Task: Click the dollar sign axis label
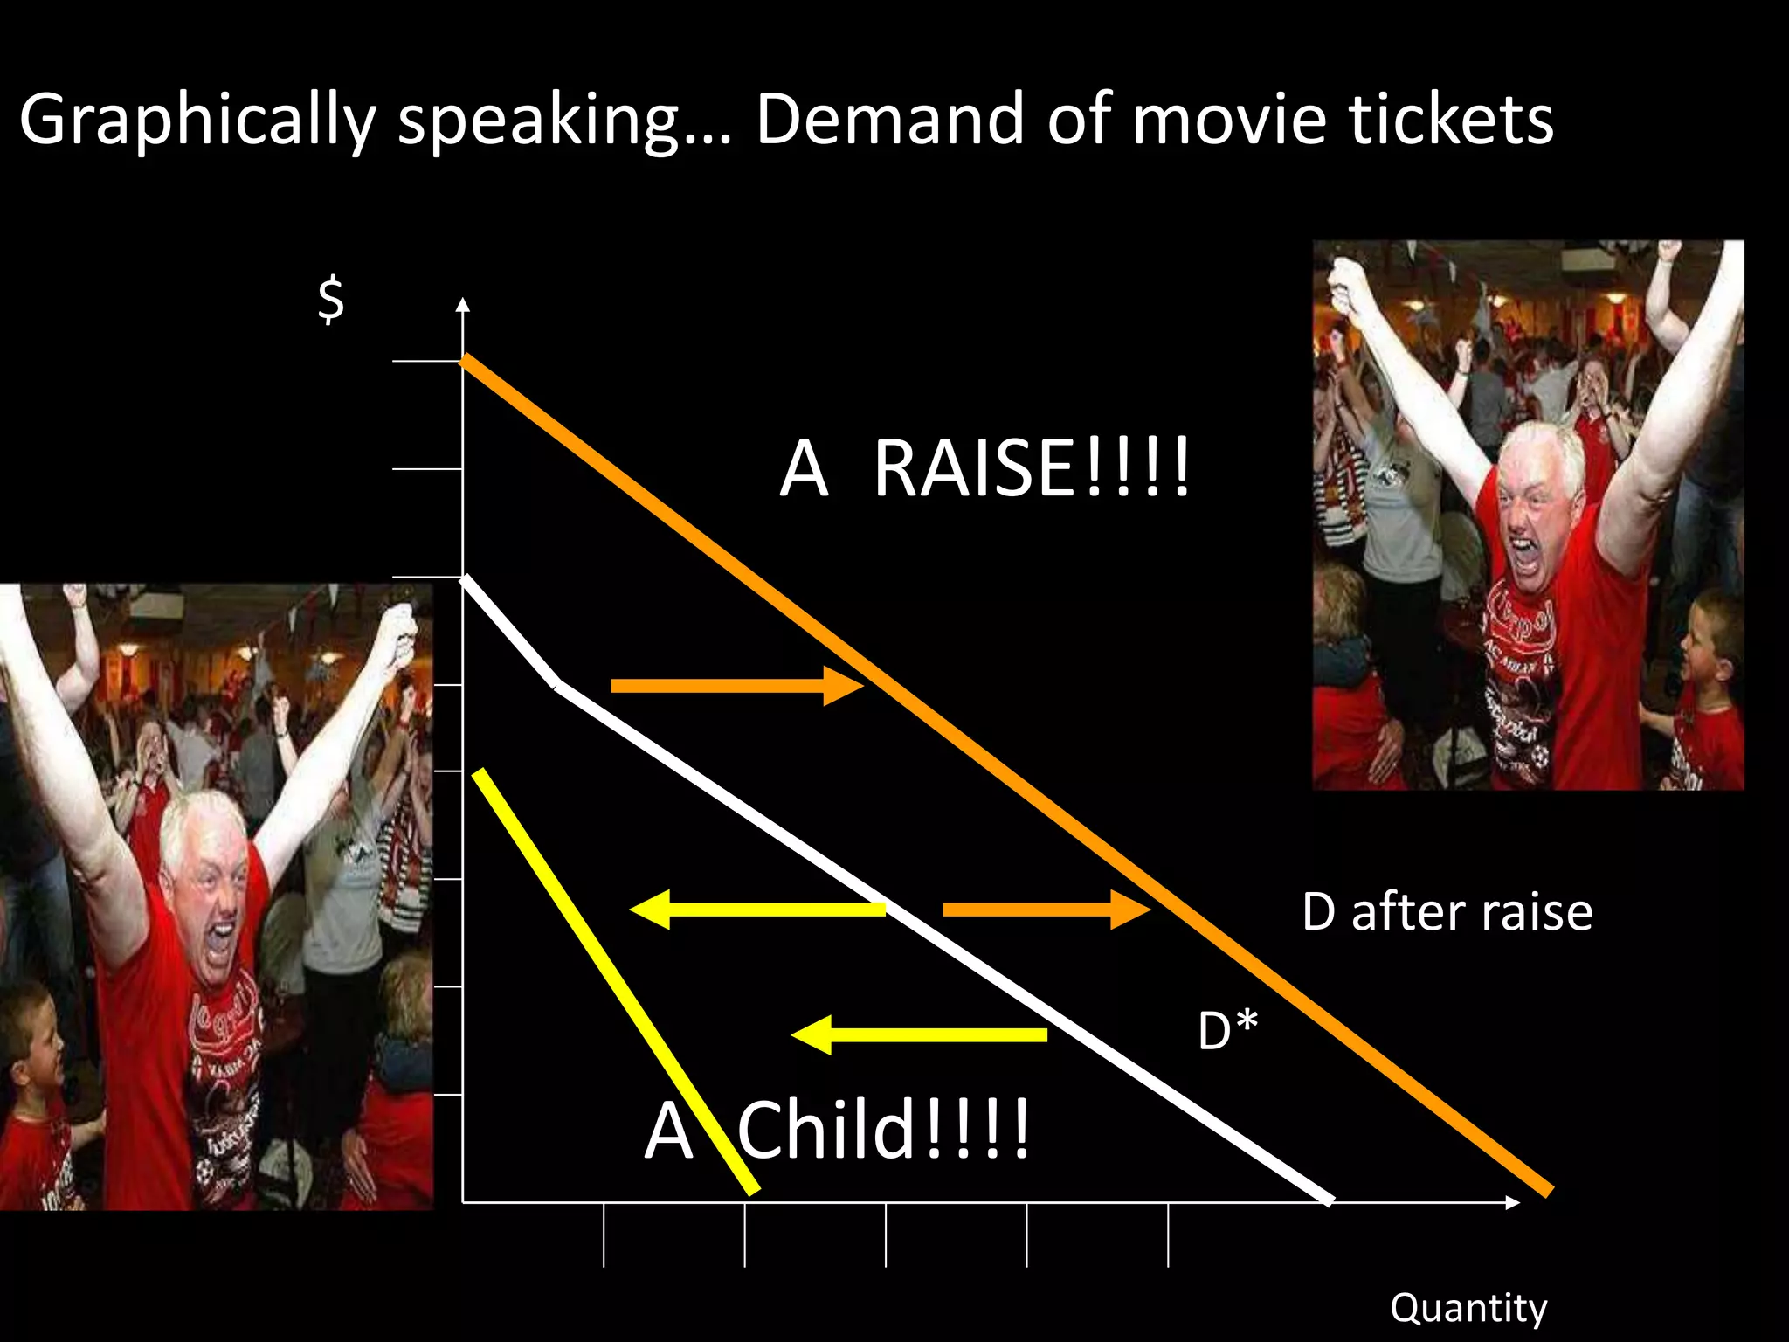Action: (331, 300)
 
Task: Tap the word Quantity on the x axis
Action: (1468, 1309)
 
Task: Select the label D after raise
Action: (1447, 912)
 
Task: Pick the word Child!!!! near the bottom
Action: (884, 1131)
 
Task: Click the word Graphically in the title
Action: (197, 121)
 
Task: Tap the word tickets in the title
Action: (1451, 119)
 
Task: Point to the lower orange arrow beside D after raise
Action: (1046, 910)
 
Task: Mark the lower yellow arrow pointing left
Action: (918, 1035)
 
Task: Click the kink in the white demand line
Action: (556, 685)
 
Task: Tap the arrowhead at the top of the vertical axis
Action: (463, 305)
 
